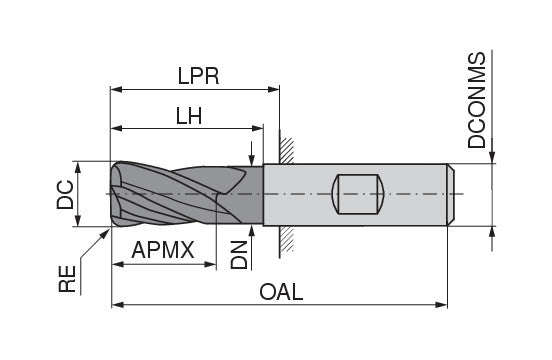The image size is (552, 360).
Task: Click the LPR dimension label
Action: pos(198,76)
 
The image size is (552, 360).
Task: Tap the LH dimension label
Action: pos(189,116)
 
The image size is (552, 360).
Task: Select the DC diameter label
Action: pos(65,195)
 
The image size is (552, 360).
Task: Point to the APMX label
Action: pos(163,250)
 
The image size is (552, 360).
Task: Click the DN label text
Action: pos(239,255)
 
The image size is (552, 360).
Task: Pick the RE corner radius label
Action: pos(67,279)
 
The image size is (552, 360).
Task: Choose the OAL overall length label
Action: pos(281,292)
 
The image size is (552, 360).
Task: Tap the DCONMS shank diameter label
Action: pos(477,100)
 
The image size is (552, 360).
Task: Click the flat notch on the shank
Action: pos(357,194)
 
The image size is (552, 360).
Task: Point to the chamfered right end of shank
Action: pos(451,195)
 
